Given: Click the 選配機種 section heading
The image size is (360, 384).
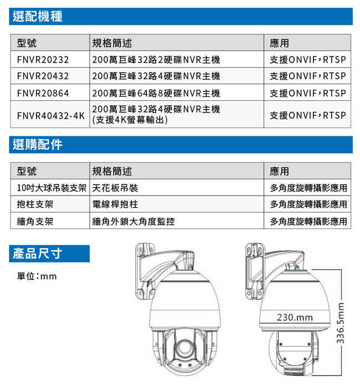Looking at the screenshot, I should click(38, 16).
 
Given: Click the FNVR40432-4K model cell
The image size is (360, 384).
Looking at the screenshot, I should click(50, 115).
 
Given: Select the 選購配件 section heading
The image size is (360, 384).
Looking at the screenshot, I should click(38, 145).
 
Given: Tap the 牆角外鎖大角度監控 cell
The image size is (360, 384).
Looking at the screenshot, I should click(133, 221).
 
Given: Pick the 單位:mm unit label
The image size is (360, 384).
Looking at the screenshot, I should click(37, 276).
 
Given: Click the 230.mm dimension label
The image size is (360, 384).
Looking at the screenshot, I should click(295, 318).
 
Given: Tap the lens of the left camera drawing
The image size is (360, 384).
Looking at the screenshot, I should click(184, 347).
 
